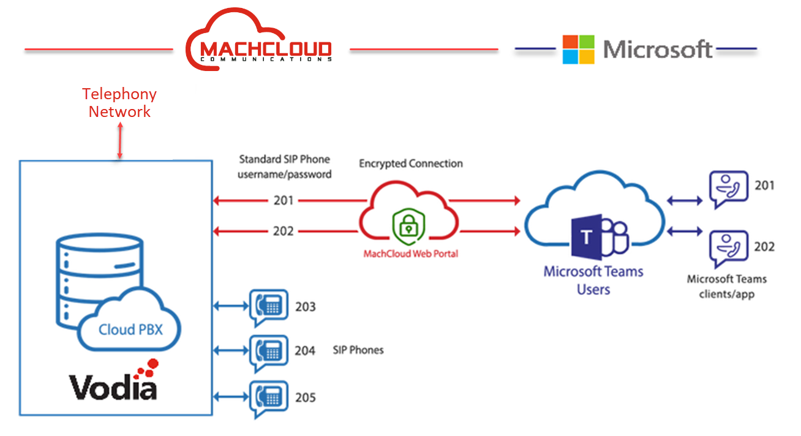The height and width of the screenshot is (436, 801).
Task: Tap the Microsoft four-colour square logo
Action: [x=578, y=50]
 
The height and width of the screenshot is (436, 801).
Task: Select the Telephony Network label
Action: [x=119, y=103]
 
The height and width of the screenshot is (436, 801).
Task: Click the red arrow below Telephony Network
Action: [x=120, y=141]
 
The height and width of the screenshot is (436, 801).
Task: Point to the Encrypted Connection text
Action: [x=410, y=163]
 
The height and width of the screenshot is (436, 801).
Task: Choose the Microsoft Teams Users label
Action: [x=593, y=280]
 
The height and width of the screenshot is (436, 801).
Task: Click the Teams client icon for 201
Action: [x=728, y=190]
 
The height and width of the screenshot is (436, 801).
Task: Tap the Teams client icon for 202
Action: [x=728, y=250]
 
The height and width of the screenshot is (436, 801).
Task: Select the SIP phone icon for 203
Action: [x=268, y=306]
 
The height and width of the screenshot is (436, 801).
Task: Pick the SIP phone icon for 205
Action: [x=268, y=399]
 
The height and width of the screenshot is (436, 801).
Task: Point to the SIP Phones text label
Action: [x=358, y=350]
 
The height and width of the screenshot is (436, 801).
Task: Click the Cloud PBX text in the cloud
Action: [x=130, y=329]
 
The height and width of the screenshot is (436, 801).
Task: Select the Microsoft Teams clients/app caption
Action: [x=726, y=287]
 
